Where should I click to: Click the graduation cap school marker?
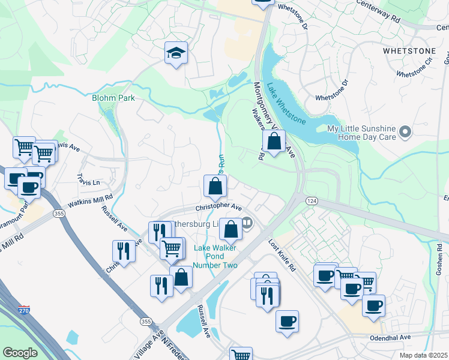click(176, 53)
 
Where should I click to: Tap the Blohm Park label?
click(113, 97)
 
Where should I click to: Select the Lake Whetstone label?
click(286, 103)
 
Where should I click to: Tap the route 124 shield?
click(311, 200)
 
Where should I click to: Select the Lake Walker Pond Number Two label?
click(215, 257)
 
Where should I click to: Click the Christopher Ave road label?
click(217, 208)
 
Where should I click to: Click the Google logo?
click(20, 353)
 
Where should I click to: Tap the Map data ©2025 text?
click(423, 355)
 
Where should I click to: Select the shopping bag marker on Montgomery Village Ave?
click(274, 142)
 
